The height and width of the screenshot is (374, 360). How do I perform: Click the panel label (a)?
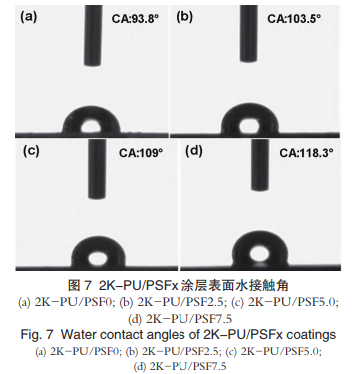click(29, 17)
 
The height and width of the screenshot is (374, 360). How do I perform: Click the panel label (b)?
click(184, 17)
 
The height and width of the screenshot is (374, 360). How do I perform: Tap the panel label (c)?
click(31, 151)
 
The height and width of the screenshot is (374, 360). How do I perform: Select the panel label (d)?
click(194, 151)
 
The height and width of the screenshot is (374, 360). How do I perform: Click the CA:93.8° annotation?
click(135, 19)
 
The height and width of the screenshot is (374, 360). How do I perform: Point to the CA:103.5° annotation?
click(294, 18)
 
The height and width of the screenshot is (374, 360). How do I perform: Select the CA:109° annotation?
click(141, 153)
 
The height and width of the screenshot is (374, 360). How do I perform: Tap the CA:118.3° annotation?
click(306, 153)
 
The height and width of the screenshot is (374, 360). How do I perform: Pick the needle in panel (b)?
click(249, 34)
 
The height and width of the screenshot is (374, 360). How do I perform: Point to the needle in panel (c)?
click(97, 170)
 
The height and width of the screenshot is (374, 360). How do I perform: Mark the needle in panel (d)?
click(260, 166)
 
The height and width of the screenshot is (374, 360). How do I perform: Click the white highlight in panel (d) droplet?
click(259, 254)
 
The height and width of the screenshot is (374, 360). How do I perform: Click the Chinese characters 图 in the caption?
click(74, 285)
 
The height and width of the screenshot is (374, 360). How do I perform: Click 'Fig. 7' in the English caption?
click(37, 334)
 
